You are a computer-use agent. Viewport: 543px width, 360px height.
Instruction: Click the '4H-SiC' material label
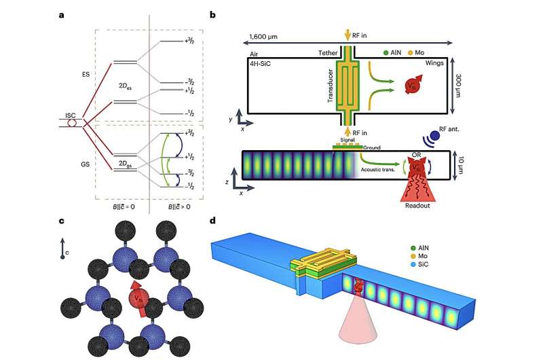pyautogui.click(x=261, y=63)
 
